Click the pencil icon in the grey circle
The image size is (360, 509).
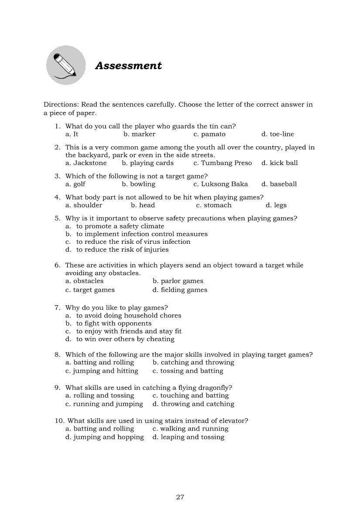point(66,65)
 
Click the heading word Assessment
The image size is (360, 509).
point(128,66)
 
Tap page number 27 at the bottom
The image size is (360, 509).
point(180,497)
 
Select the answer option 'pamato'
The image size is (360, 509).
point(213,134)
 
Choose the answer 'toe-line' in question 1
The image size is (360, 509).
point(282,134)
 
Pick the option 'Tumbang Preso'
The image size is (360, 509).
point(226,163)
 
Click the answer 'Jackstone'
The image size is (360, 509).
point(90,163)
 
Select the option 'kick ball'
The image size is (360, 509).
point(283,163)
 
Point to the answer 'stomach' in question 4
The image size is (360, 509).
point(217,205)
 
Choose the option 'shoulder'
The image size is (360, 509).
point(88,205)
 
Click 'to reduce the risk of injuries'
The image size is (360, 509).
point(122,249)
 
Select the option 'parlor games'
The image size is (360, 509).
point(182,281)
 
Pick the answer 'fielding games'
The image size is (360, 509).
point(183,290)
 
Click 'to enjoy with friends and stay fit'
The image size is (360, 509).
point(129,331)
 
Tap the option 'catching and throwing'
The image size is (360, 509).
point(197,362)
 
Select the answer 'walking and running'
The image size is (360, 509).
point(194,428)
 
